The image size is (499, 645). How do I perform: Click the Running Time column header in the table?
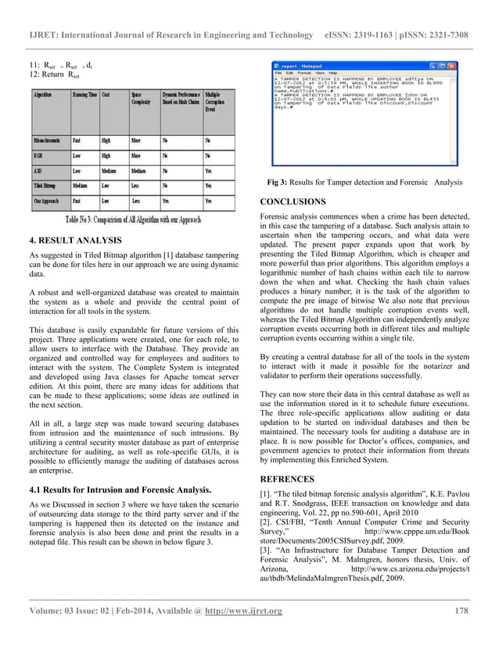pyautogui.click(x=84, y=95)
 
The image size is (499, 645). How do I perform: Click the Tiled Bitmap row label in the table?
pyautogui.click(x=46, y=186)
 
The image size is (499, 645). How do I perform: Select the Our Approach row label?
pyautogui.click(x=46, y=201)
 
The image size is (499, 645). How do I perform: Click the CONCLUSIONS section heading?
pyautogui.click(x=293, y=201)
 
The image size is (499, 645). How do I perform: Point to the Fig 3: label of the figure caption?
pyautogui.click(x=281, y=183)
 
